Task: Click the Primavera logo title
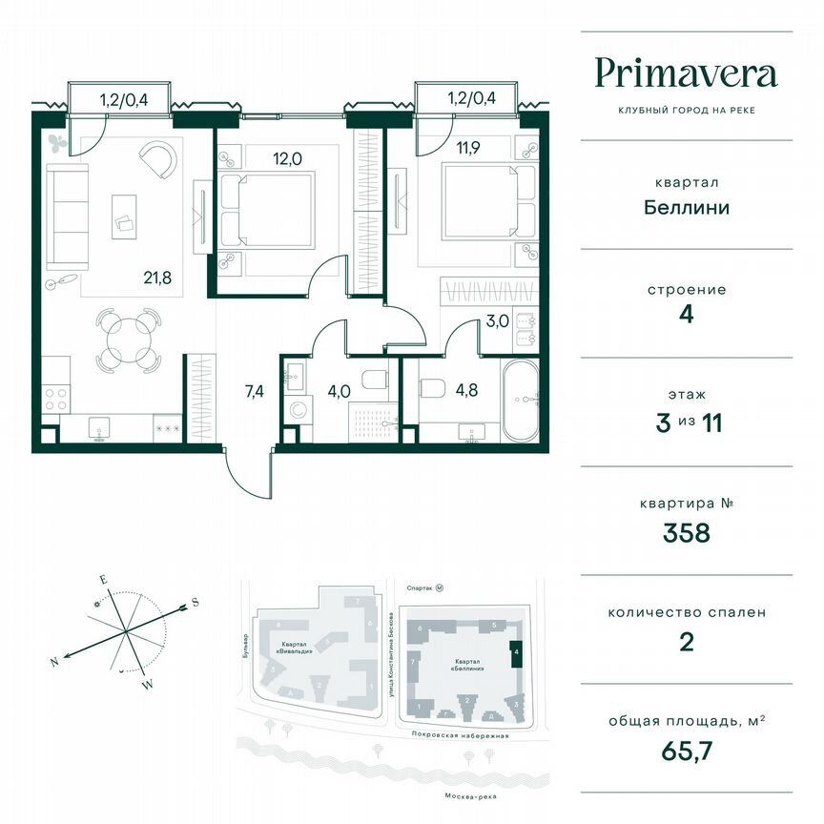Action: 686,73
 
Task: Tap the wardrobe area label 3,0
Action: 497,320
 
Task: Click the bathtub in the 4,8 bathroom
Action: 520,401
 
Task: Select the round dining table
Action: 126,338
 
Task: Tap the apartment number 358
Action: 686,532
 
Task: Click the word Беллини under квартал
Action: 686,206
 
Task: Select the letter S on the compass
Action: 195,602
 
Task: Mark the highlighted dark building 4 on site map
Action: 516,654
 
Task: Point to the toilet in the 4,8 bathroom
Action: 435,387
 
